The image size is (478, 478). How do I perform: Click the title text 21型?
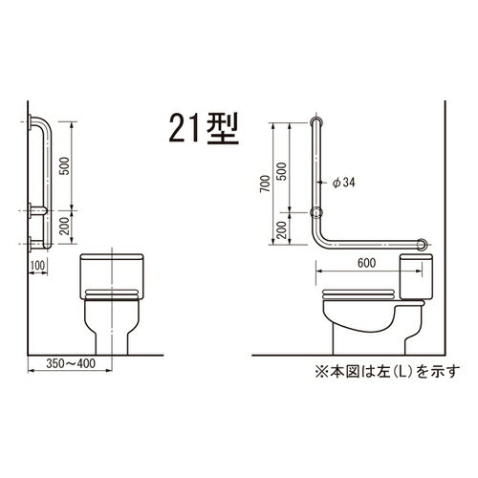204,129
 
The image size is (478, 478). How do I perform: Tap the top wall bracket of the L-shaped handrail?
318,123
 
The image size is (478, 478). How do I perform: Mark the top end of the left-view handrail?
39,123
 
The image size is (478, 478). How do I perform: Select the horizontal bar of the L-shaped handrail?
368,246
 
